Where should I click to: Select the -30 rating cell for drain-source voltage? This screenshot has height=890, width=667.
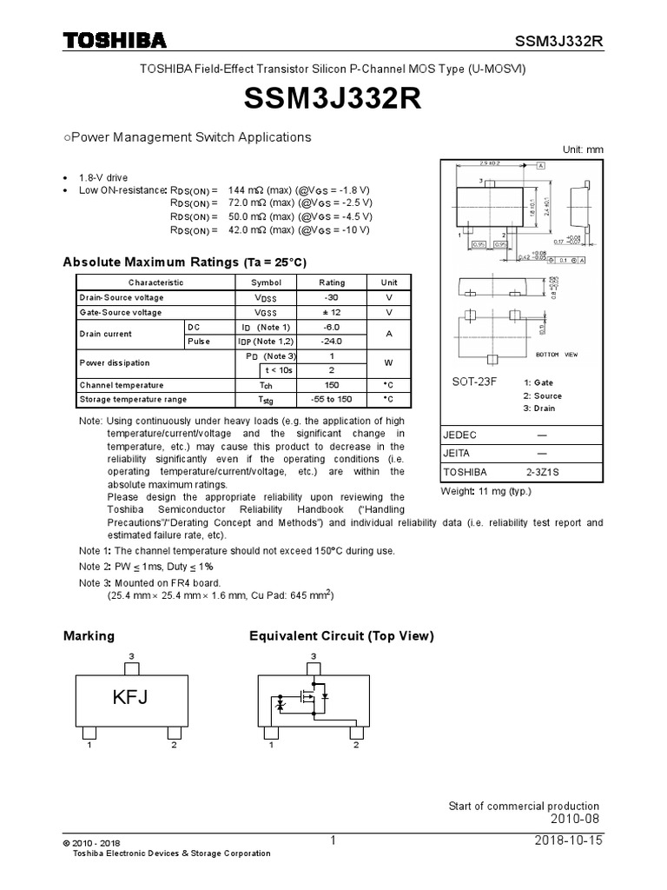(332, 297)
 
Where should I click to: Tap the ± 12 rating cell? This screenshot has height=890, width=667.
(332, 312)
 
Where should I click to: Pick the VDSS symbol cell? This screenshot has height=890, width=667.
(267, 297)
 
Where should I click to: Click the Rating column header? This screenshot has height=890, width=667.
(332, 282)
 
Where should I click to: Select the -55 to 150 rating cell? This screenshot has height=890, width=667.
(332, 399)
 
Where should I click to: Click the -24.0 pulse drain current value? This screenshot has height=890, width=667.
(332, 342)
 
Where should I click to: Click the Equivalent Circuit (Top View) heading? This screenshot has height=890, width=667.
(340, 636)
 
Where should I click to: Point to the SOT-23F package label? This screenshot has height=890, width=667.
(474, 382)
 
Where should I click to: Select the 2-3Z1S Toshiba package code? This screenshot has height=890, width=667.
(543, 472)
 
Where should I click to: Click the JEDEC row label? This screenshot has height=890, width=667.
(460, 435)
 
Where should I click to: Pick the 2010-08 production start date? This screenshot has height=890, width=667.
(575, 820)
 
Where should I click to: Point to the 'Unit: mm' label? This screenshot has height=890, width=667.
(582, 149)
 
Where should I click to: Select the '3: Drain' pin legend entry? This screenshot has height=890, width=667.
(539, 408)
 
